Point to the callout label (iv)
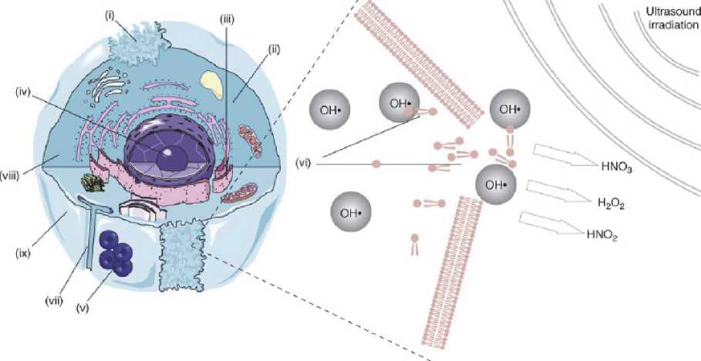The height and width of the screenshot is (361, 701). click(x=24, y=93)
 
